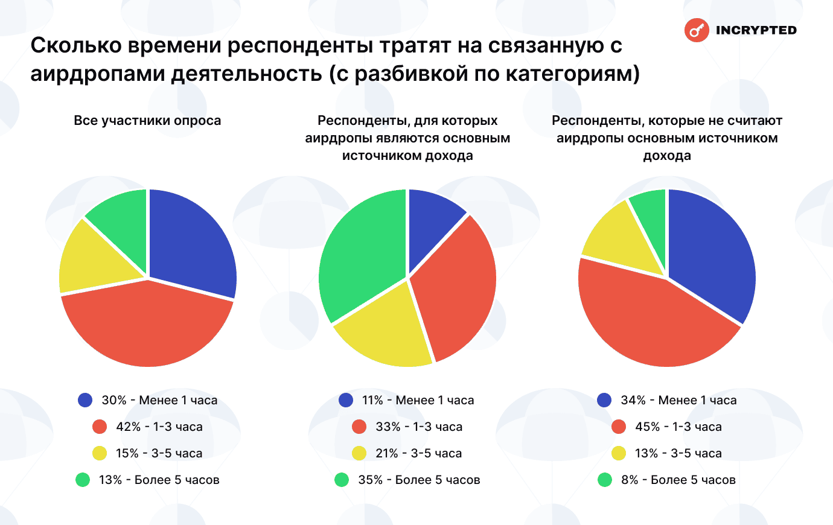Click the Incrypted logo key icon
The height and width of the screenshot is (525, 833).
[696, 30]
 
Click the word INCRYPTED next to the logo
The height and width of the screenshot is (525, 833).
[756, 30]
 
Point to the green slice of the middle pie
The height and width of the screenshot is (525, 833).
[359, 253]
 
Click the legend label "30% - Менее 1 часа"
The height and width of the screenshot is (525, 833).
[159, 400]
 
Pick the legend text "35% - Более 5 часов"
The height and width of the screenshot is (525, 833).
[419, 480]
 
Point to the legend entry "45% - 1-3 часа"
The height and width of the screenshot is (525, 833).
[678, 427]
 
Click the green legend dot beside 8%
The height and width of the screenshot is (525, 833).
[605, 480]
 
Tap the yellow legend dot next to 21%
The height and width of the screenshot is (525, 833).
[359, 453]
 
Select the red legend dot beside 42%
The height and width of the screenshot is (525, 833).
[100, 427]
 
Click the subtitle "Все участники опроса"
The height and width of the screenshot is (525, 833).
[147, 121]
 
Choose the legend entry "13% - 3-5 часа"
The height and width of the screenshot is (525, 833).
[678, 453]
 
